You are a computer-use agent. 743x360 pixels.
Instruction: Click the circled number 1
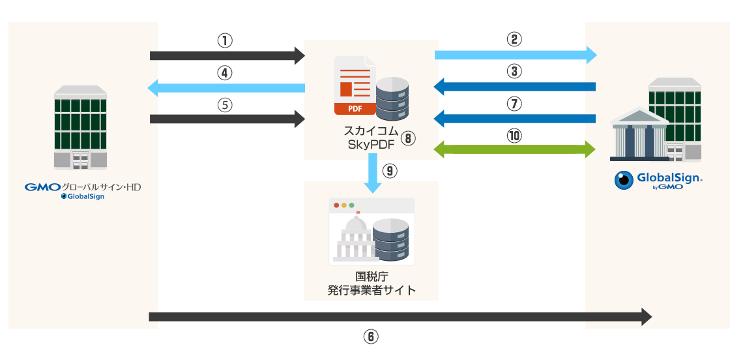point(225,40)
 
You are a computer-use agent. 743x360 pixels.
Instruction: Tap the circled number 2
point(515,39)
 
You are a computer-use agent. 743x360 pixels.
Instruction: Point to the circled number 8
point(408,138)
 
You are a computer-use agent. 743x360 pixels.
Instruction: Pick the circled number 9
point(390,171)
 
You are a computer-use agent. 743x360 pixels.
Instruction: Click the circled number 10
point(515,136)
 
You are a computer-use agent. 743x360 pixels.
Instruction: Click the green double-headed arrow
point(515,149)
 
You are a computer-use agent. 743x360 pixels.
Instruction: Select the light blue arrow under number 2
point(515,55)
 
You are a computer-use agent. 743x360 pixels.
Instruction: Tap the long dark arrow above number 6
point(400,317)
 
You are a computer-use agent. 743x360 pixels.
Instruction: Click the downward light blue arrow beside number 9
point(373,173)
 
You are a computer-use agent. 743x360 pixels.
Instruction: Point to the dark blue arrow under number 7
point(515,118)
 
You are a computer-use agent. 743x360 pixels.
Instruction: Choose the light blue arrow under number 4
point(226,87)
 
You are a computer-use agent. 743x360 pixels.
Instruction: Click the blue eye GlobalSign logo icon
point(625,181)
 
